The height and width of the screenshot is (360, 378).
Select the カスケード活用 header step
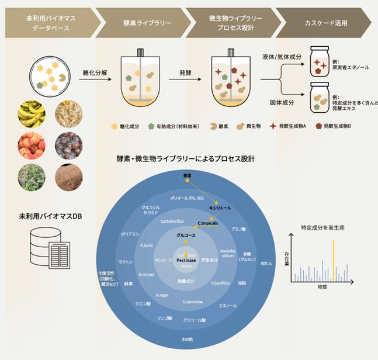[x=325, y=23]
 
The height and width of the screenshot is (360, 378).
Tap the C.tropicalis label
[x=208, y=223]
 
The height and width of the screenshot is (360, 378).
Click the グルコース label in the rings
[x=188, y=235]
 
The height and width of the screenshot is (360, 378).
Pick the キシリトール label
[x=220, y=207]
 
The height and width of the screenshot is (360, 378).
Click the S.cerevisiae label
[x=192, y=302]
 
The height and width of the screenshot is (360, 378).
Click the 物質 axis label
[x=322, y=287]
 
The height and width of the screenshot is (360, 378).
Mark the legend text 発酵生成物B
[x=341, y=126]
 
